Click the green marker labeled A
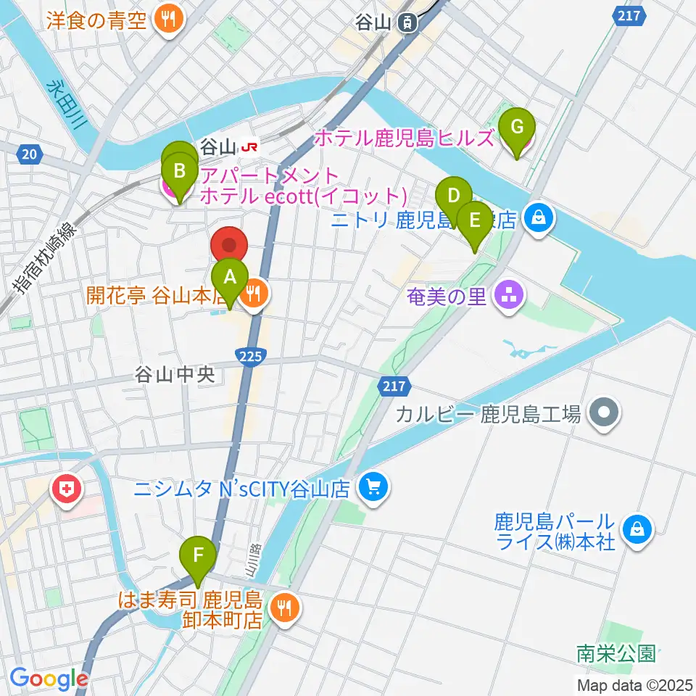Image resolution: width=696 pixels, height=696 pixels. click(230, 277)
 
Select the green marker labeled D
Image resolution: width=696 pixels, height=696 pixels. click(454, 196)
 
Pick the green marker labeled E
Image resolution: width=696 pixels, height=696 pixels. click(475, 220)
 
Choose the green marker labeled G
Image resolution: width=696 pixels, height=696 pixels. click(517, 127)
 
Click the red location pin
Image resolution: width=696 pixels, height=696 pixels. click(230, 245)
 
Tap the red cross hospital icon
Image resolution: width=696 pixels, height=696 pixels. click(66, 491)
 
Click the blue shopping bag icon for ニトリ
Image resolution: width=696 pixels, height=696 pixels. click(539, 217)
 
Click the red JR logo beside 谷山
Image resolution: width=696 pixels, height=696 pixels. click(250, 147)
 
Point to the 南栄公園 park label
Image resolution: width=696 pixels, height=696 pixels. click(616, 654)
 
